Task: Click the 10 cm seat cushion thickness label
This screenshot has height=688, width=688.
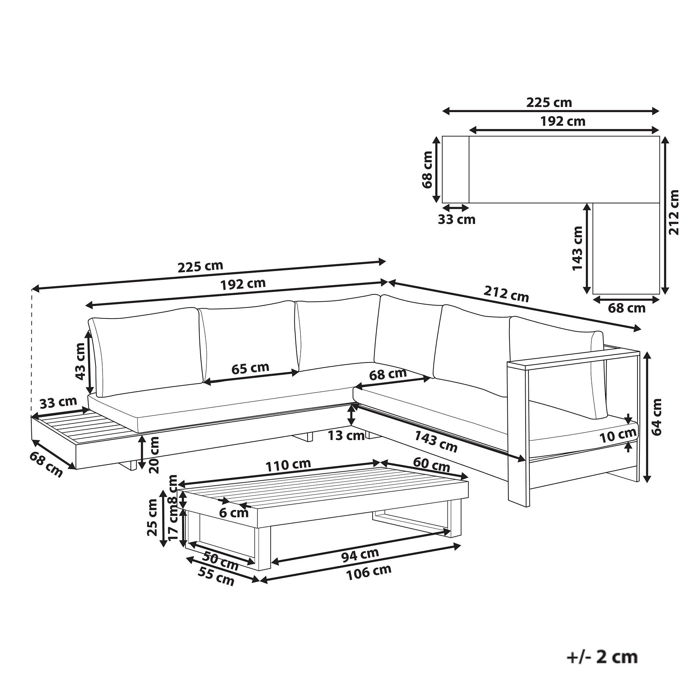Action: pos(618,435)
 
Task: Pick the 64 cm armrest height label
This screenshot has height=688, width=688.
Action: pos(656,417)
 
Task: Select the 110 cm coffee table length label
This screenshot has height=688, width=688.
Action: pos(289,464)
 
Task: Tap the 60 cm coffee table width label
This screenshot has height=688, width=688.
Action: pos(431,464)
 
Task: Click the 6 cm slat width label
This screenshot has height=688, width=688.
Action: pos(234,513)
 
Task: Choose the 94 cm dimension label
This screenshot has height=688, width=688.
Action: pos(360,556)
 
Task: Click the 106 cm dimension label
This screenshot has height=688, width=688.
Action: pos(369,572)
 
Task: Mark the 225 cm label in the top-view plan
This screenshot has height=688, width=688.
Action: pos(549,103)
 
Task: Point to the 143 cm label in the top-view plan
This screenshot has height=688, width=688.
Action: pos(577,248)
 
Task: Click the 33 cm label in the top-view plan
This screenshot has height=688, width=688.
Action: pos(456,219)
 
